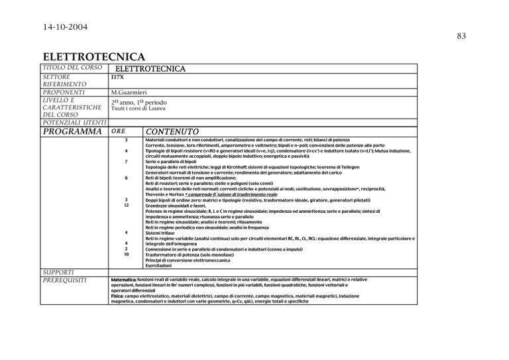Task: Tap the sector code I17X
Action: click(119, 78)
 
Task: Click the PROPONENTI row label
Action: click(67, 93)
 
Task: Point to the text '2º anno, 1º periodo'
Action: click(144, 103)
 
